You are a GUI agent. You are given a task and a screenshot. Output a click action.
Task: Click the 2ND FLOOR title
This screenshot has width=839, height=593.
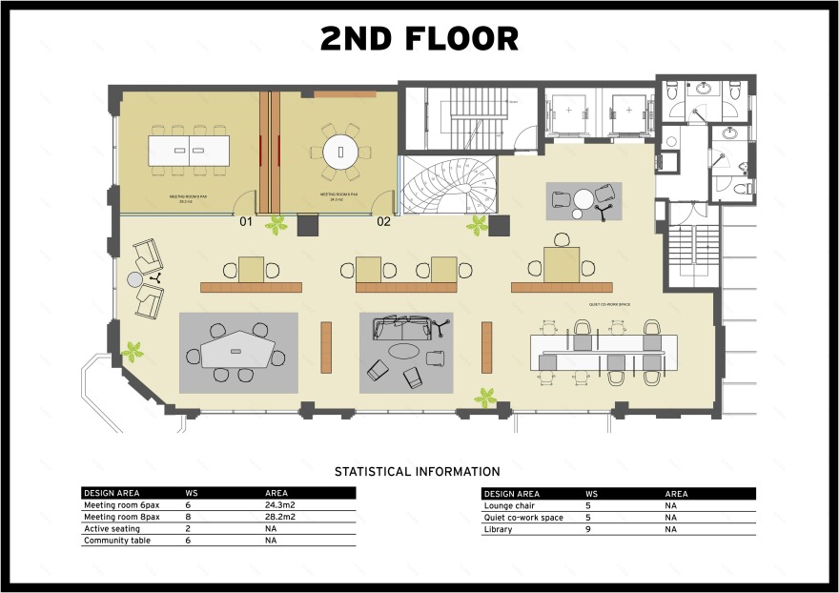click(419, 38)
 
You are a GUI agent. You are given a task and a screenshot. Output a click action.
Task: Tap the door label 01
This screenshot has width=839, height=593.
click(245, 222)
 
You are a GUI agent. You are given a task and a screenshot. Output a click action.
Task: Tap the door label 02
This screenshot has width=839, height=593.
click(383, 222)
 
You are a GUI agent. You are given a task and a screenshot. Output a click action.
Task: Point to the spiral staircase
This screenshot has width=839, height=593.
click(447, 186)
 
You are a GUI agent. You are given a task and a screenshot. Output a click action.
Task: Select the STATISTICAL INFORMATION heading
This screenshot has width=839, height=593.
click(417, 471)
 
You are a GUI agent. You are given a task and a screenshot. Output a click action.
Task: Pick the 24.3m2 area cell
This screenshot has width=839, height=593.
click(280, 505)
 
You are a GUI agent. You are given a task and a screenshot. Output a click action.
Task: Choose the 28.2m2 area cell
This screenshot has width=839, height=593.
click(280, 517)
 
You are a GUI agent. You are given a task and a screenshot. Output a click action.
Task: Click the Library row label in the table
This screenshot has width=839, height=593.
click(498, 529)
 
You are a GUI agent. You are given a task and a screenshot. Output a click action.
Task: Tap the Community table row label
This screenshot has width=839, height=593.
click(116, 541)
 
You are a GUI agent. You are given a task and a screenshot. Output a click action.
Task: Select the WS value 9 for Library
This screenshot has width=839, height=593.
click(588, 529)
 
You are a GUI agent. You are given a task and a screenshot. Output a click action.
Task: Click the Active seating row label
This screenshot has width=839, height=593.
click(112, 529)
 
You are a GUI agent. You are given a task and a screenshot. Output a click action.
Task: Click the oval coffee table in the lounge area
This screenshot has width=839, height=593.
click(405, 351)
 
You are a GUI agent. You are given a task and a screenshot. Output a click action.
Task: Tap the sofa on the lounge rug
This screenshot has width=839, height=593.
click(401, 328)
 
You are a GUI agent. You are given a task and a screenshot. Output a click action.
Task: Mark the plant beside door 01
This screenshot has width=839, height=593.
click(276, 225)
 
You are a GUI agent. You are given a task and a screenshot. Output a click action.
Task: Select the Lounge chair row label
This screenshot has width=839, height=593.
click(509, 505)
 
